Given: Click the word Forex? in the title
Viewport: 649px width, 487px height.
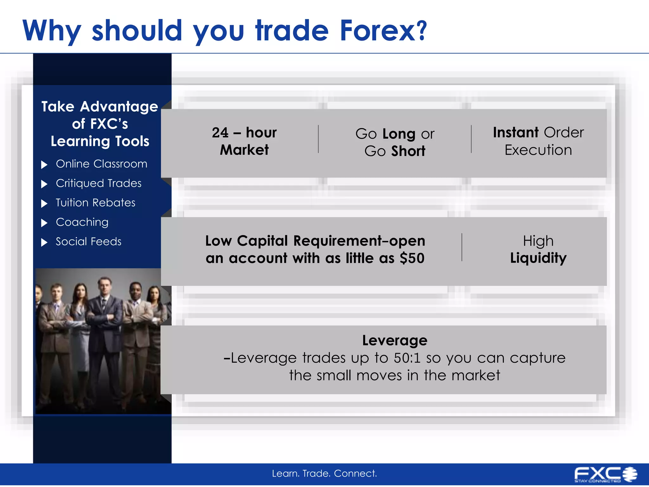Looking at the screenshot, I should tap(383, 31).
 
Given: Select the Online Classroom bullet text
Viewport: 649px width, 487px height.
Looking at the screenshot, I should tap(101, 164).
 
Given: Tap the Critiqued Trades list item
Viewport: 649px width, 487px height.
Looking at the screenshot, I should tap(99, 183).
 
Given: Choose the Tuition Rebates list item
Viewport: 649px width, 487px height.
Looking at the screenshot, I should tap(95, 203).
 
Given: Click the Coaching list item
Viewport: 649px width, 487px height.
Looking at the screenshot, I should tap(82, 222).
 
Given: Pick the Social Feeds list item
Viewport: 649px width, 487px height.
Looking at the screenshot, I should tap(88, 242).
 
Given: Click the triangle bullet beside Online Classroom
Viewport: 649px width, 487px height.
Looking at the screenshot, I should tap(44, 165).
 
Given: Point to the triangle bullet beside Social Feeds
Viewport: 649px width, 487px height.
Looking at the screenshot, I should tap(44, 243).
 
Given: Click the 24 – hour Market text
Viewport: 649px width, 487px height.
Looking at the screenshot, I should tap(244, 141).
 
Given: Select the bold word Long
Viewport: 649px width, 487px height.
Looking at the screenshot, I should tap(399, 134).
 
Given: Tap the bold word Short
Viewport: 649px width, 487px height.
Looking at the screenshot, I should tap(408, 151).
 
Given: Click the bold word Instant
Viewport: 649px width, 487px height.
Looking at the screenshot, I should tap(516, 133).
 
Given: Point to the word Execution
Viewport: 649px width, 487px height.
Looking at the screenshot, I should tap(538, 150).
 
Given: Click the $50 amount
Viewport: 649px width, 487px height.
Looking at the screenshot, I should tap(412, 258).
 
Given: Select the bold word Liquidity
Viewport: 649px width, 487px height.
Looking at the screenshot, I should tap(538, 258).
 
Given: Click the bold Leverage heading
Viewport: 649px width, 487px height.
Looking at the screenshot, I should tap(395, 341).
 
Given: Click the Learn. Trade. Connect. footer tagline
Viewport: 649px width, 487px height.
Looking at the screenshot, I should tap(324, 473).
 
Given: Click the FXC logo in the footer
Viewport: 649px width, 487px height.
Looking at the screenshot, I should tap(605, 474).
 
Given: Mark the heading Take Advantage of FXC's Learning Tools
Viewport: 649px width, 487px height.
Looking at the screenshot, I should tap(100, 124).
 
